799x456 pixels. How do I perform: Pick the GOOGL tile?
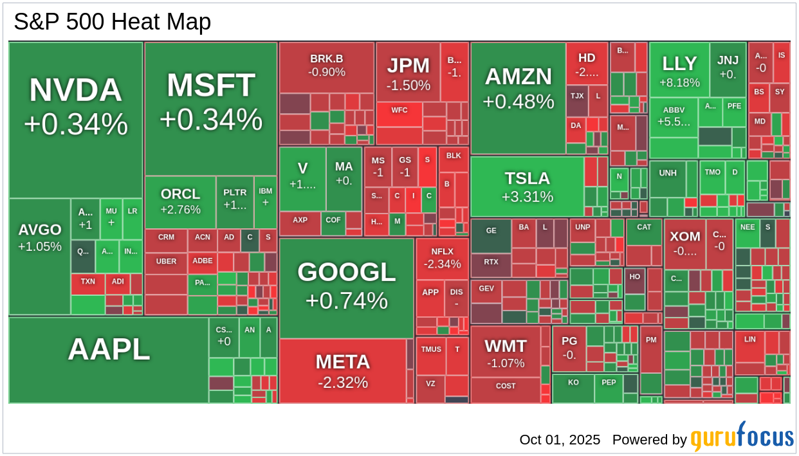346,287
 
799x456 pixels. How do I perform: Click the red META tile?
342,370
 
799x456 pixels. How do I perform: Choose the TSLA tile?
527,187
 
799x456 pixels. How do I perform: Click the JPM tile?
408,72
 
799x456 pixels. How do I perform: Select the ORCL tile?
180,201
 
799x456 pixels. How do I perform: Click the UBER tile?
166,262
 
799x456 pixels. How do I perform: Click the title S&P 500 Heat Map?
113,22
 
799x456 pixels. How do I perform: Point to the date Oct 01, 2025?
560,439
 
